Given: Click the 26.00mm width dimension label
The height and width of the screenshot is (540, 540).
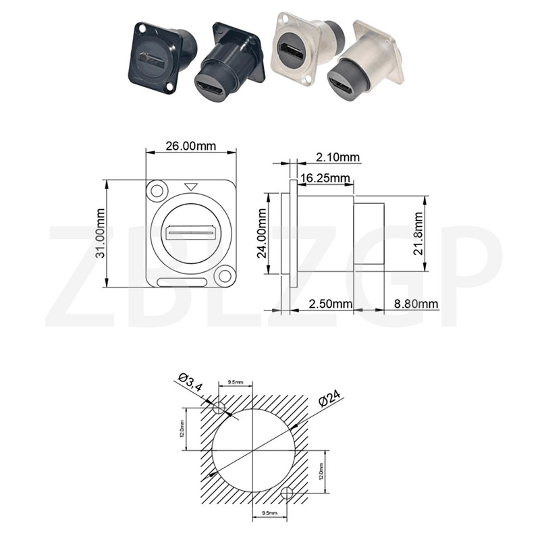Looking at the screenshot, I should [192, 145].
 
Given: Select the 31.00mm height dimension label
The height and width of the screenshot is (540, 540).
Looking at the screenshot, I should [100, 234].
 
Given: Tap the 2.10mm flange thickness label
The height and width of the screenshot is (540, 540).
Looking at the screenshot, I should [337, 157].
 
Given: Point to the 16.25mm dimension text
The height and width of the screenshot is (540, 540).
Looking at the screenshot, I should [325, 178].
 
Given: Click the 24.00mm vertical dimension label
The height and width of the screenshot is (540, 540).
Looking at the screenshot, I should [263, 234].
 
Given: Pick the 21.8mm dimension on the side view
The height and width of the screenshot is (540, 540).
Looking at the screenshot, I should [418, 234].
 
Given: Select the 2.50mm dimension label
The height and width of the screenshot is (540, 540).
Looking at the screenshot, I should [330, 304].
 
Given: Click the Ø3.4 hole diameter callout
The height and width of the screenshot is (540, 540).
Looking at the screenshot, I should [190, 384].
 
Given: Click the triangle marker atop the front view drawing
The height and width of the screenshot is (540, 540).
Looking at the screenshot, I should [192, 186].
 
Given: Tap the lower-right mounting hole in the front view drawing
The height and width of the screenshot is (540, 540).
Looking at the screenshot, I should [224, 275].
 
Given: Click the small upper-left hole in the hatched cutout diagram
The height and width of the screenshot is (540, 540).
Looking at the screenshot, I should [219, 408].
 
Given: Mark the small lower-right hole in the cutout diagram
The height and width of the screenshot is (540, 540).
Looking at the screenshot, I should [288, 491].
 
